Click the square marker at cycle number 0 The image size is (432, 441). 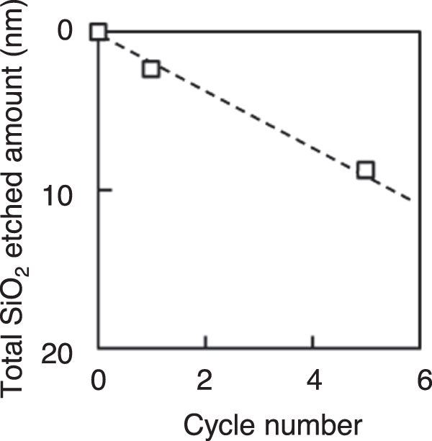pos(98,32)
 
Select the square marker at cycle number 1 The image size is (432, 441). pos(151,68)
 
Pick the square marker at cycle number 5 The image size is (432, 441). pos(365,170)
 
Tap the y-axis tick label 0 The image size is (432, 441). pos(65,30)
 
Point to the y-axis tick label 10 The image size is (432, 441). pos(57,196)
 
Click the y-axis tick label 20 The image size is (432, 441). pos(57,354)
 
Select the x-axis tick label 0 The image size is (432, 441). pos(99,380)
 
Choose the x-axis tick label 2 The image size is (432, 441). pos(204,380)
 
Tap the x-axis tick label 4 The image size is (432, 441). pos(314,380)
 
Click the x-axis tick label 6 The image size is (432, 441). pos(425,380)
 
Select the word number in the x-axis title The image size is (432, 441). pos(313,425)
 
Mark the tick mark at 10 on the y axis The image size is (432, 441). pos(105,191)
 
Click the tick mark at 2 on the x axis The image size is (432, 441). pos(206,342)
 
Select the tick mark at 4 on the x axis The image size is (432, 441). pos(313,342)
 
